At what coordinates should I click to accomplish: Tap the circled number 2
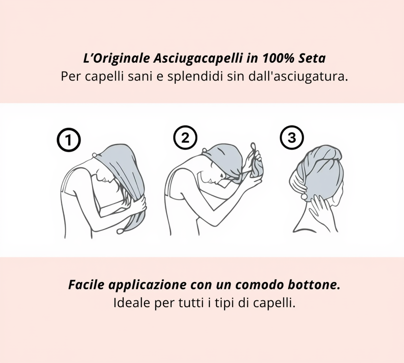coord(185,138)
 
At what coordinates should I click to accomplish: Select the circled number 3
coord(292,138)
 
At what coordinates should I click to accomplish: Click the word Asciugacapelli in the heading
coord(198,59)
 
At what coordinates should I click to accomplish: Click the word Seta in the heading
coord(312,59)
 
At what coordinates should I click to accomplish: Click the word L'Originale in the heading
coord(116,59)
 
